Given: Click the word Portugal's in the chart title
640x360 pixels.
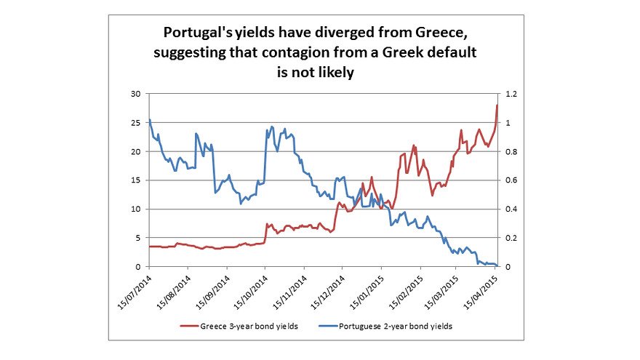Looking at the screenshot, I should tap(197, 34).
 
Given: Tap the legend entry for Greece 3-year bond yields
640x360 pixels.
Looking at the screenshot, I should tap(247, 327).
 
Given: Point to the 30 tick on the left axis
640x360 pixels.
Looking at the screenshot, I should tap(135, 94).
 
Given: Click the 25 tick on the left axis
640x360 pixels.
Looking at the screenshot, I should tap(135, 123).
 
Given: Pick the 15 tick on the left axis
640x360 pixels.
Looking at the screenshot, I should tap(135, 180).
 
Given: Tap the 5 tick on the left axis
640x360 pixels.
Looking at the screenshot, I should tap(137, 238).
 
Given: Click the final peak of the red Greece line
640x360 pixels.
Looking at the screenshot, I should tap(497, 105).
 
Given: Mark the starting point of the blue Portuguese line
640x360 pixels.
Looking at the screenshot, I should tap(149, 120).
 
